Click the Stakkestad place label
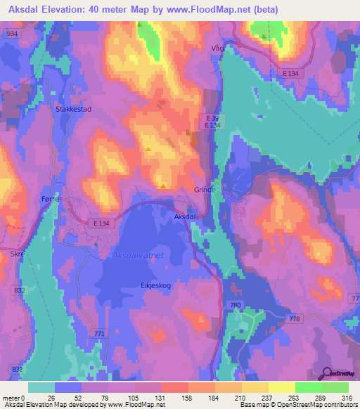[73, 109]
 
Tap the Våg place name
[220, 48]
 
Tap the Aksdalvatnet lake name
[138, 256]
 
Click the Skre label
[17, 252]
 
